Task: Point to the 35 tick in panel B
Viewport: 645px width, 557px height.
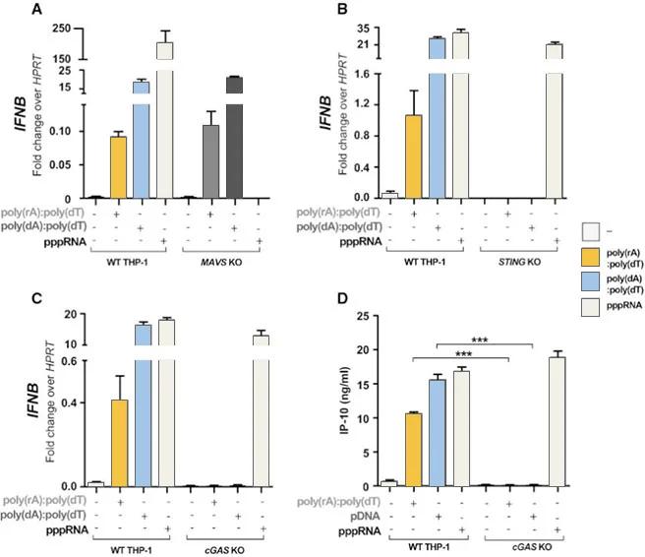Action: click(366, 29)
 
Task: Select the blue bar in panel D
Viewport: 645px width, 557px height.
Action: click(438, 433)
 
